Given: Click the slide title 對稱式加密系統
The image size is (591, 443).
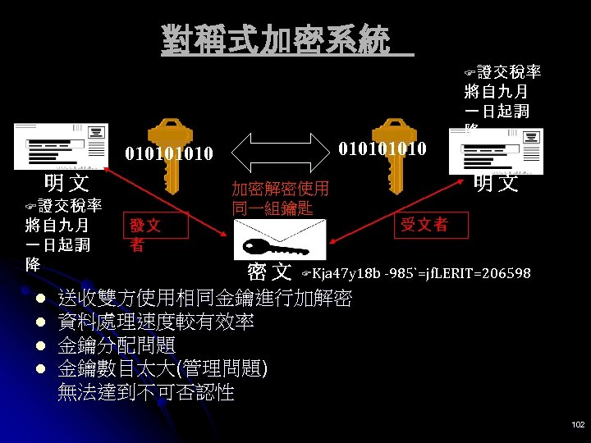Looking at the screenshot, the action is point(276,39).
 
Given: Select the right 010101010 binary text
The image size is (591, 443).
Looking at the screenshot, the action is point(382,148).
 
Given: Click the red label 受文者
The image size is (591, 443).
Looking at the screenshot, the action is point(424,224).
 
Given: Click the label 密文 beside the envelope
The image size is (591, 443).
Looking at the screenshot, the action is point(269,272).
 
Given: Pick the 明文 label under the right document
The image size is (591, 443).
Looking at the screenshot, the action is point(497,182).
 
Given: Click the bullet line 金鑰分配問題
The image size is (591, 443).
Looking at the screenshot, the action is point(116,345).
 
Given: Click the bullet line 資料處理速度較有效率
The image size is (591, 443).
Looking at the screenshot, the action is point(155,321).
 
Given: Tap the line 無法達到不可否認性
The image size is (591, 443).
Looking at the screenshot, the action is point(145,392).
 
